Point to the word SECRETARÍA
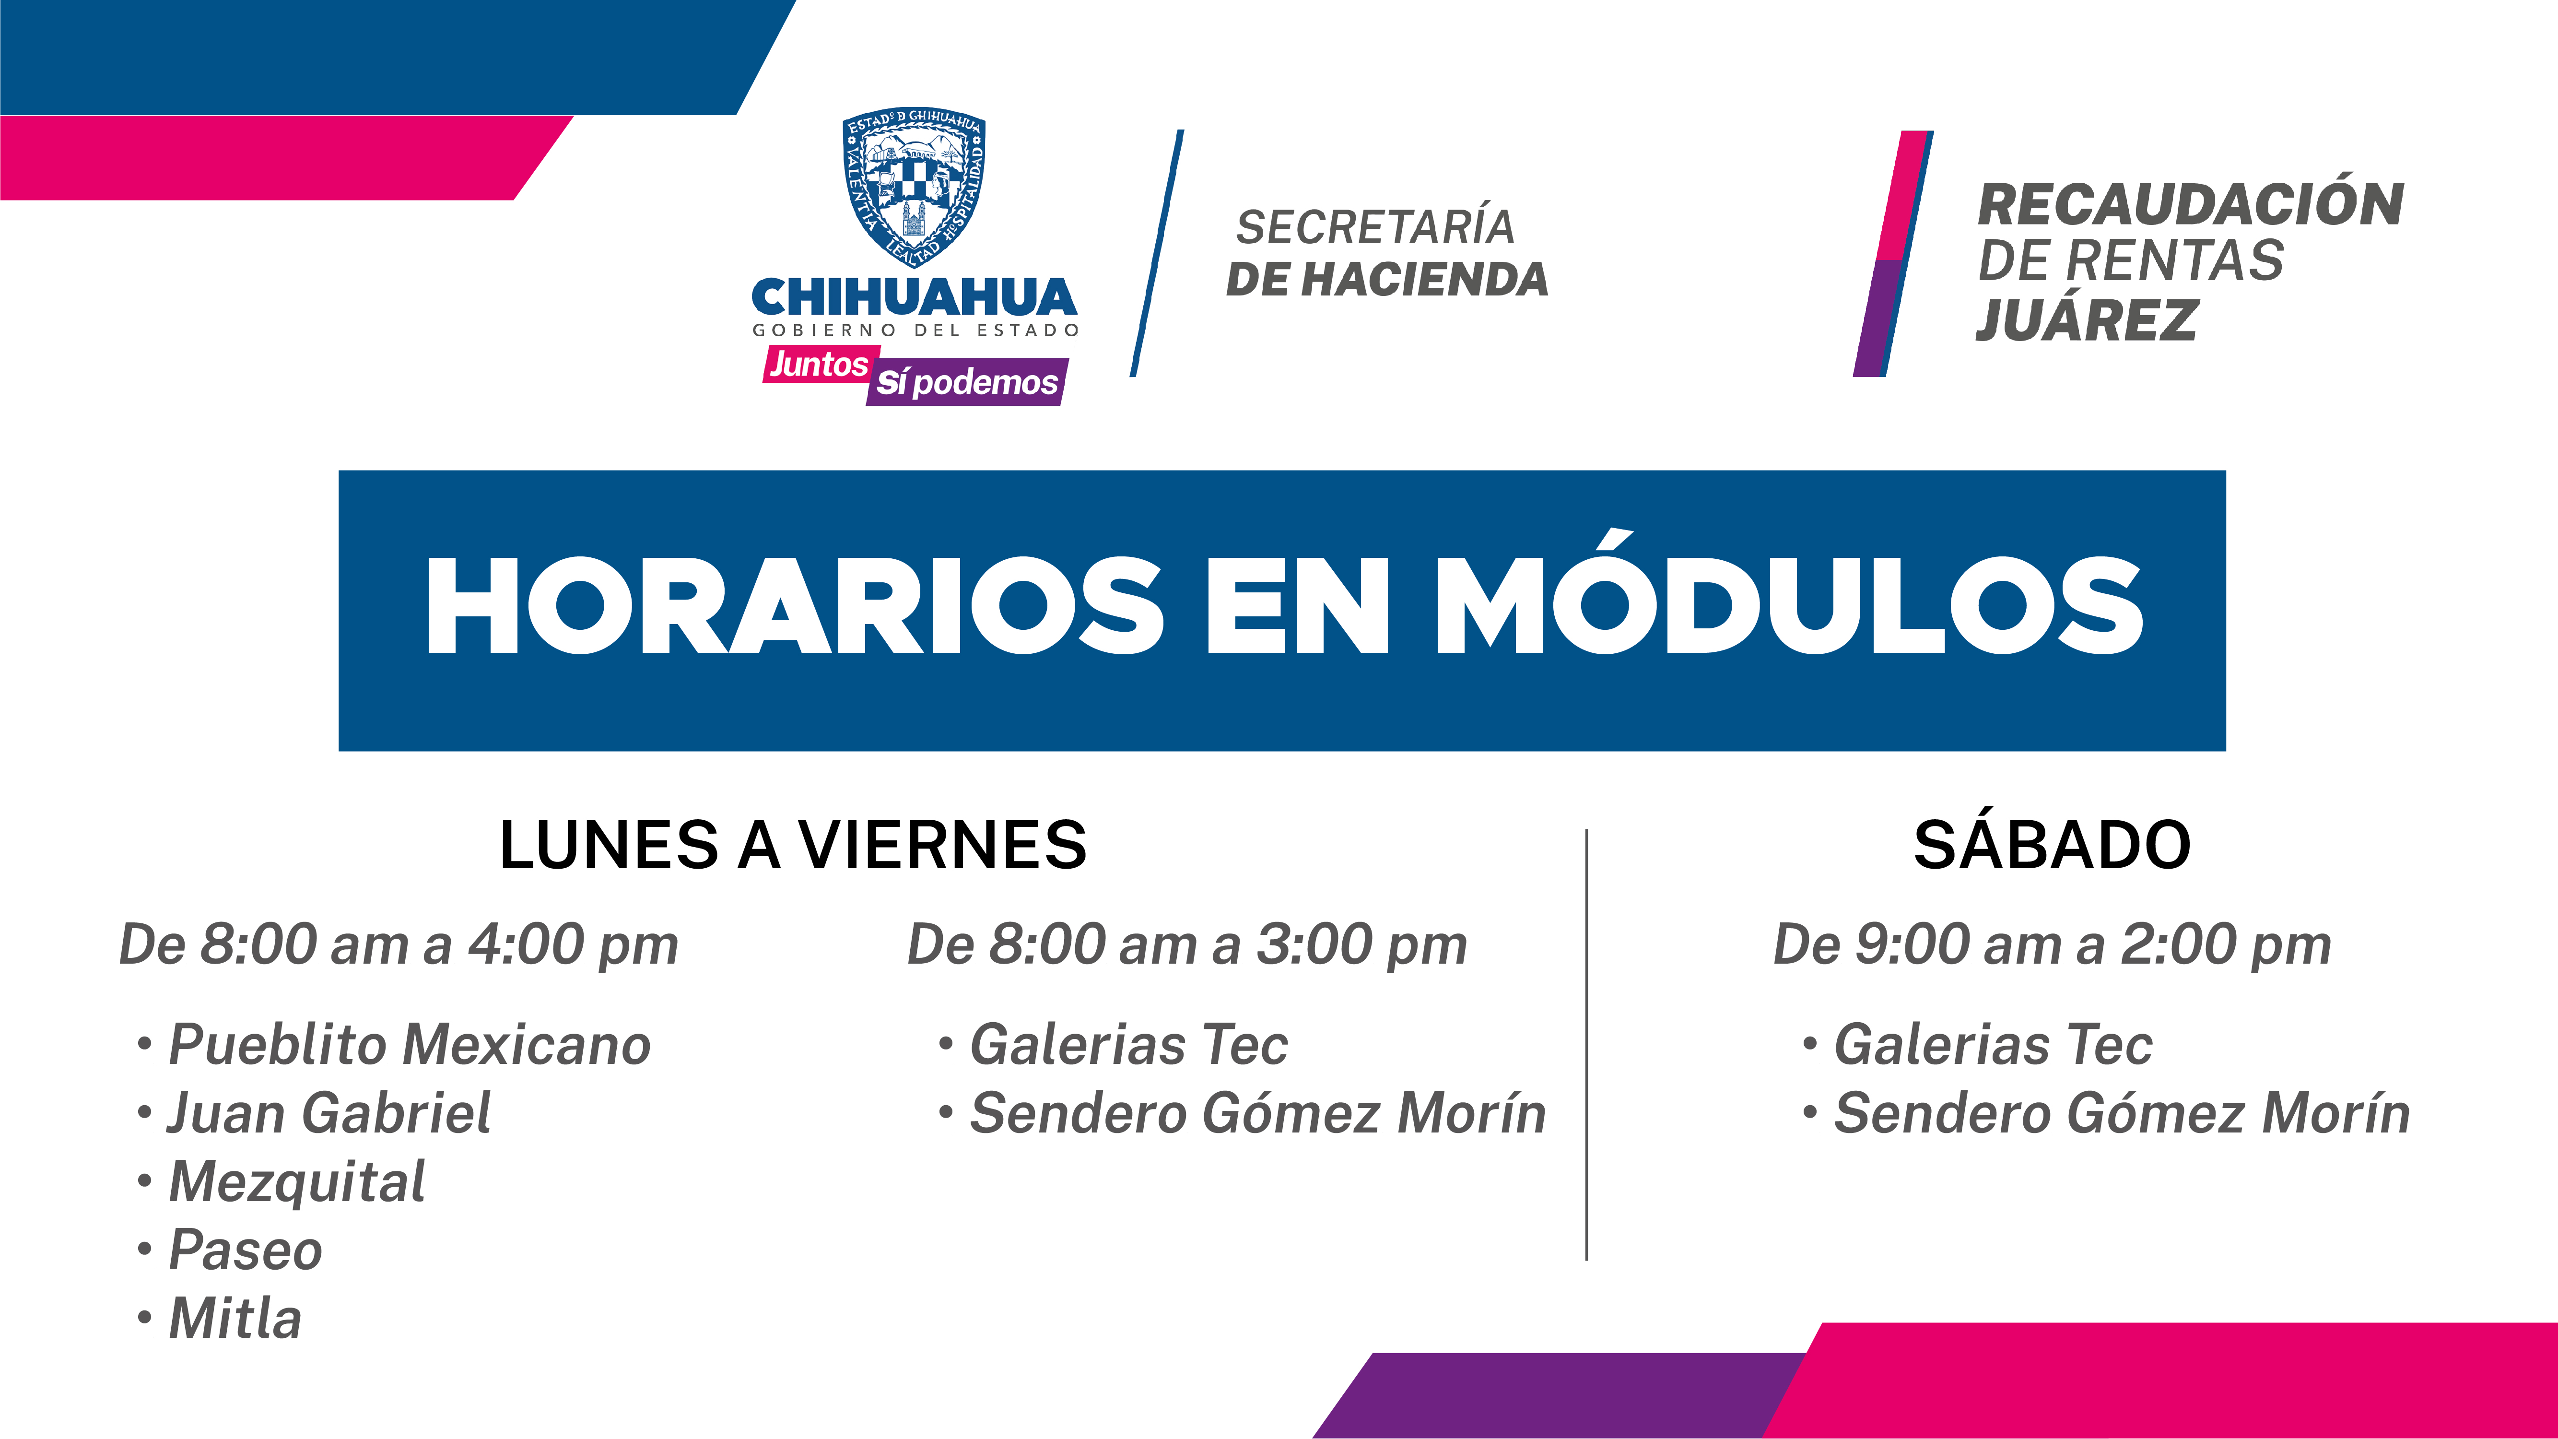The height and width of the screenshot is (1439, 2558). coord(1375,227)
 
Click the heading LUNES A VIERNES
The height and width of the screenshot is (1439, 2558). coord(792,845)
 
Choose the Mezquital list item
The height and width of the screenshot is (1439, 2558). coord(282,1182)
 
